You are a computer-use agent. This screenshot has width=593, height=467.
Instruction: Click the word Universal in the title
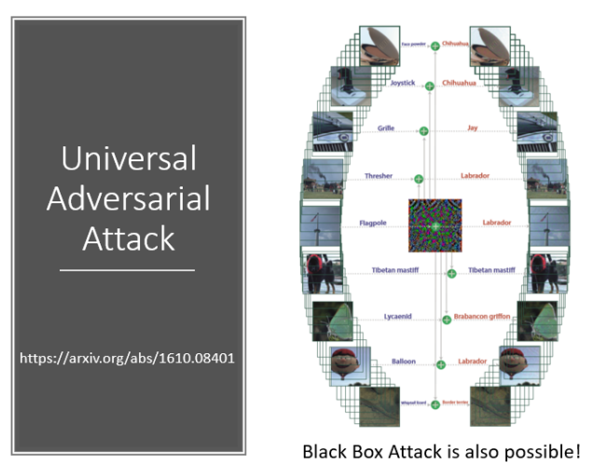(x=129, y=158)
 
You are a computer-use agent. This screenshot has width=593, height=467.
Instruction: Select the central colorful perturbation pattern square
(x=434, y=226)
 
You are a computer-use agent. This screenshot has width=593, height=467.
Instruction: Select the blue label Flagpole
(x=373, y=224)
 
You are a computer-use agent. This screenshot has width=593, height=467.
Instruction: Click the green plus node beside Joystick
(x=430, y=86)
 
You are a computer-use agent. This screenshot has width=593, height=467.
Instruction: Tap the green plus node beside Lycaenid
(x=447, y=319)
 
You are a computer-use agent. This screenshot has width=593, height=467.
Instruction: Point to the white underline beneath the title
(x=129, y=270)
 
